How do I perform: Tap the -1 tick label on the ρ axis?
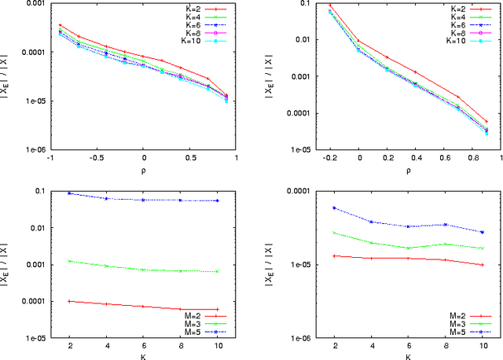(x=49, y=156)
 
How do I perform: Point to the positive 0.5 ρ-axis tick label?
(x=189, y=156)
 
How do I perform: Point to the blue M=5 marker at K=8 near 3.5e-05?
(x=446, y=225)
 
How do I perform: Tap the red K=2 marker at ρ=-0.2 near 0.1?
(x=330, y=6)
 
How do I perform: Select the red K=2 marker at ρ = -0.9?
(x=60, y=25)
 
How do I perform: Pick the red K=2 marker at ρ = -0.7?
(x=78, y=36)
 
